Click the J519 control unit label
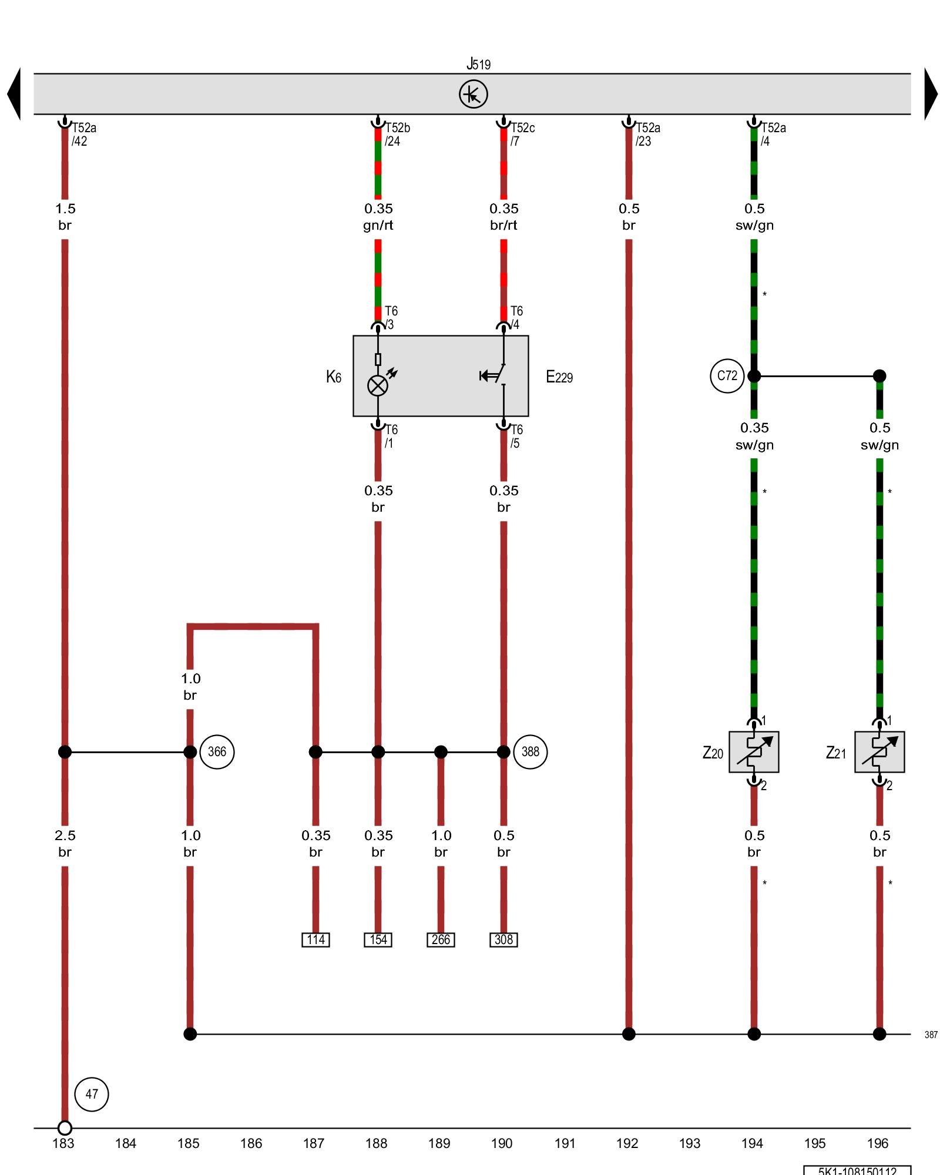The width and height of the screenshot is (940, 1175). coord(478,64)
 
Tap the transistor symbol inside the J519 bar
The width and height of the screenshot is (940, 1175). coord(473,94)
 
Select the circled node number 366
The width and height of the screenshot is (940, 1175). coord(217,751)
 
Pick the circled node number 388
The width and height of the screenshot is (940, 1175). coord(530,751)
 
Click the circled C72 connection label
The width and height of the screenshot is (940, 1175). coord(727,375)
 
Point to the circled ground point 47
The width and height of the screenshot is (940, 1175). coord(92,1094)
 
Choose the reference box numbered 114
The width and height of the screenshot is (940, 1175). coord(315,939)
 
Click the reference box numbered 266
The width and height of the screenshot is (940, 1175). coord(441,939)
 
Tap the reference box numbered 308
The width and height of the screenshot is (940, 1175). coord(503,939)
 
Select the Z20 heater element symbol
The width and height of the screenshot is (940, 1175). coord(754,752)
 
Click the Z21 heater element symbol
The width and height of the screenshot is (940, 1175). coord(879,752)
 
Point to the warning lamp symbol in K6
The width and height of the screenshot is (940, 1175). coord(378,385)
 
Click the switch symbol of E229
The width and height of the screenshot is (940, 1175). coord(496,375)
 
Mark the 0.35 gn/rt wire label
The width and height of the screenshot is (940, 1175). coord(378,217)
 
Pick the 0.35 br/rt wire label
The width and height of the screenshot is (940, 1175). coord(503,217)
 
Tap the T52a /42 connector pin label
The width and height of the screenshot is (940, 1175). coord(82,135)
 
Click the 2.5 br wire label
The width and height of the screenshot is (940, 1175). coord(65,844)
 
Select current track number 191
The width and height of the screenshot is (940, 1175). coord(565,1143)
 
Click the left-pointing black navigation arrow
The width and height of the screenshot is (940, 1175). coord(14,94)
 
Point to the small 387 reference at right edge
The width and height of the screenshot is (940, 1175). coord(931,1035)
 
